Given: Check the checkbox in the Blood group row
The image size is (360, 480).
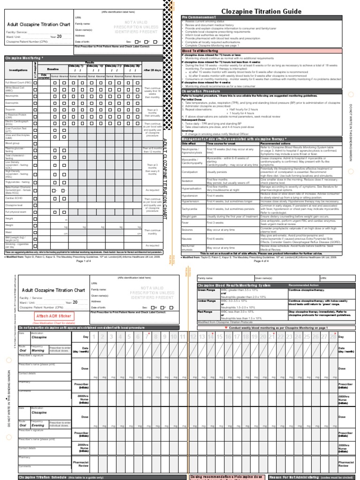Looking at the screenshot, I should (x=35, y=143).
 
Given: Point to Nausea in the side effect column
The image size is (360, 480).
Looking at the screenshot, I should (x=187, y=239).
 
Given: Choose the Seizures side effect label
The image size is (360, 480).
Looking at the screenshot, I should (x=188, y=230).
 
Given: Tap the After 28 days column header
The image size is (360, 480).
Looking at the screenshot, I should (x=152, y=69).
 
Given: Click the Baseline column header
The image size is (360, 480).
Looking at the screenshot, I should (x=53, y=69).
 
